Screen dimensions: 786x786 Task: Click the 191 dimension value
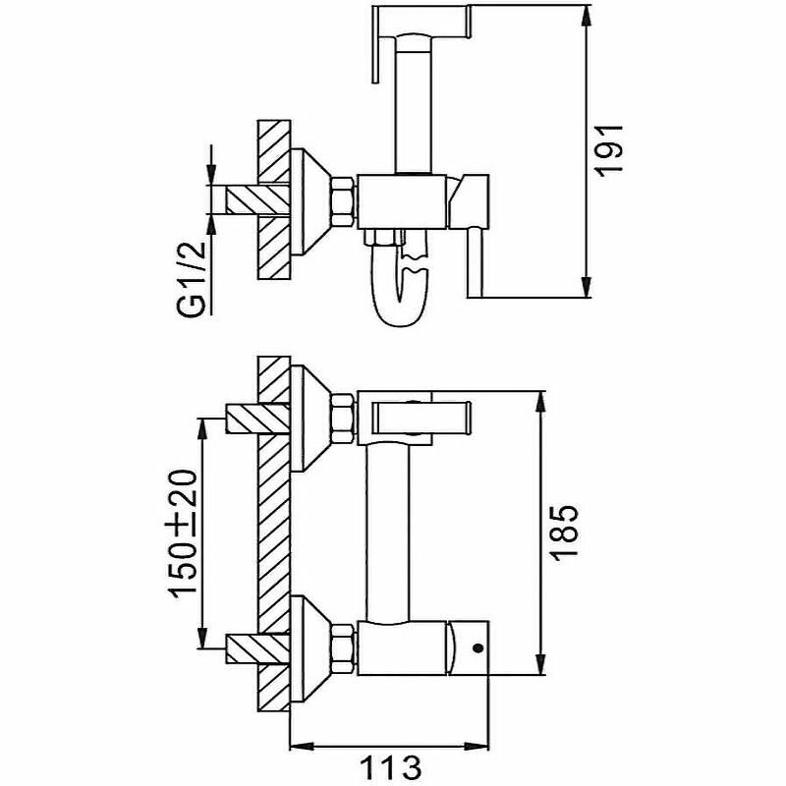[x=612, y=147]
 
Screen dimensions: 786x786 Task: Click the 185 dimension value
[x=565, y=532]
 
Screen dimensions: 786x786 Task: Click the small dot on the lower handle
[x=477, y=648]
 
